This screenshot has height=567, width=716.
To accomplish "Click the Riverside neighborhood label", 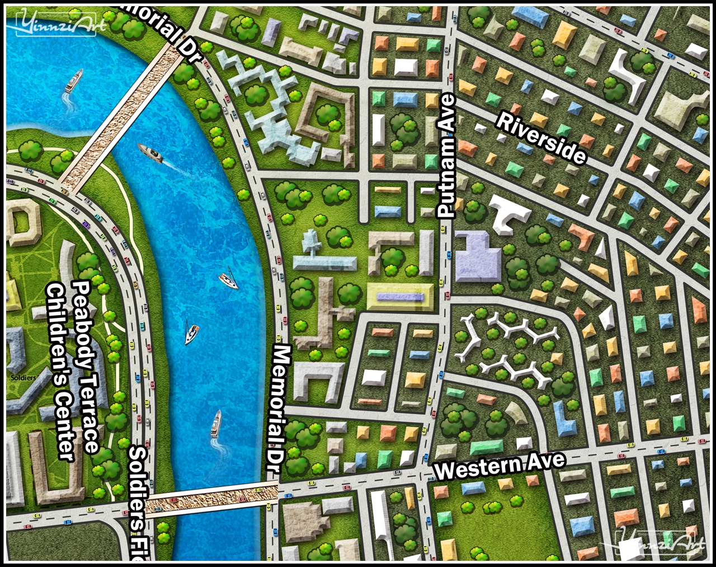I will point(541,138).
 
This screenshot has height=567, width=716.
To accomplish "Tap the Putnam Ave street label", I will point(447,156).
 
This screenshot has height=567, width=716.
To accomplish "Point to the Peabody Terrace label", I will point(86,367).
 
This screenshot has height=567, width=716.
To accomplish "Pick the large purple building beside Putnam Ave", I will point(477,258).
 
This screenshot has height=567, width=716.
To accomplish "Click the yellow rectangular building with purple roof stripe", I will point(400,297).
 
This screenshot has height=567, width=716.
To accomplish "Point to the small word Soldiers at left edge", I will point(22,378).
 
